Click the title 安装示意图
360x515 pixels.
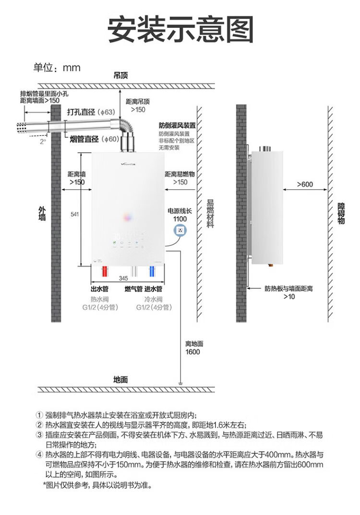click(x=180, y=30)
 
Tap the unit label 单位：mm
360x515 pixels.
click(x=57, y=68)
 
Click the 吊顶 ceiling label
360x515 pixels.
click(x=121, y=76)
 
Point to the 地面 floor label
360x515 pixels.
click(x=121, y=379)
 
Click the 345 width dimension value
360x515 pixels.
click(x=123, y=278)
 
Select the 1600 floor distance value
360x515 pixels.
click(x=192, y=352)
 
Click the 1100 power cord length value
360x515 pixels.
click(x=180, y=219)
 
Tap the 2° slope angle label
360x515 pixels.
click(x=43, y=142)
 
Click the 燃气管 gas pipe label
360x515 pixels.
click(x=133, y=289)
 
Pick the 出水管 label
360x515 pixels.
click(x=100, y=289)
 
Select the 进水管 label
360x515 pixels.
click(x=154, y=289)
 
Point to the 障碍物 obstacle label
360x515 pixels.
click(x=341, y=213)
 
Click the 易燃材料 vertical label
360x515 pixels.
click(x=209, y=213)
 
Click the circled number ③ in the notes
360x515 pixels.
click(x=40, y=435)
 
